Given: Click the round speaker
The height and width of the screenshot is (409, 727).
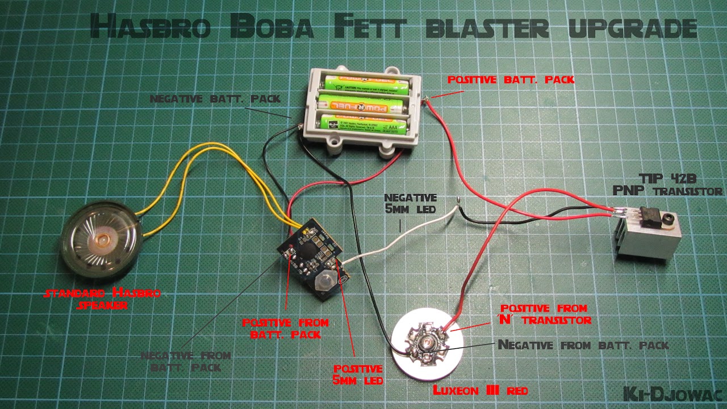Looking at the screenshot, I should coord(103,241).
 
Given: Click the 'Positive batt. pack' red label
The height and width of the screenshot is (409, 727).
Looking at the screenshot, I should coord(511,80).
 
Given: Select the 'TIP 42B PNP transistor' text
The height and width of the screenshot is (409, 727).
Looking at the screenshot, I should coord(667,185).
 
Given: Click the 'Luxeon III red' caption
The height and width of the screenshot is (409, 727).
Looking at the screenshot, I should coord(481,391).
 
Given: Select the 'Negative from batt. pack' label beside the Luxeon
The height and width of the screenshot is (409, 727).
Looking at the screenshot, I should coord(583,345).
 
